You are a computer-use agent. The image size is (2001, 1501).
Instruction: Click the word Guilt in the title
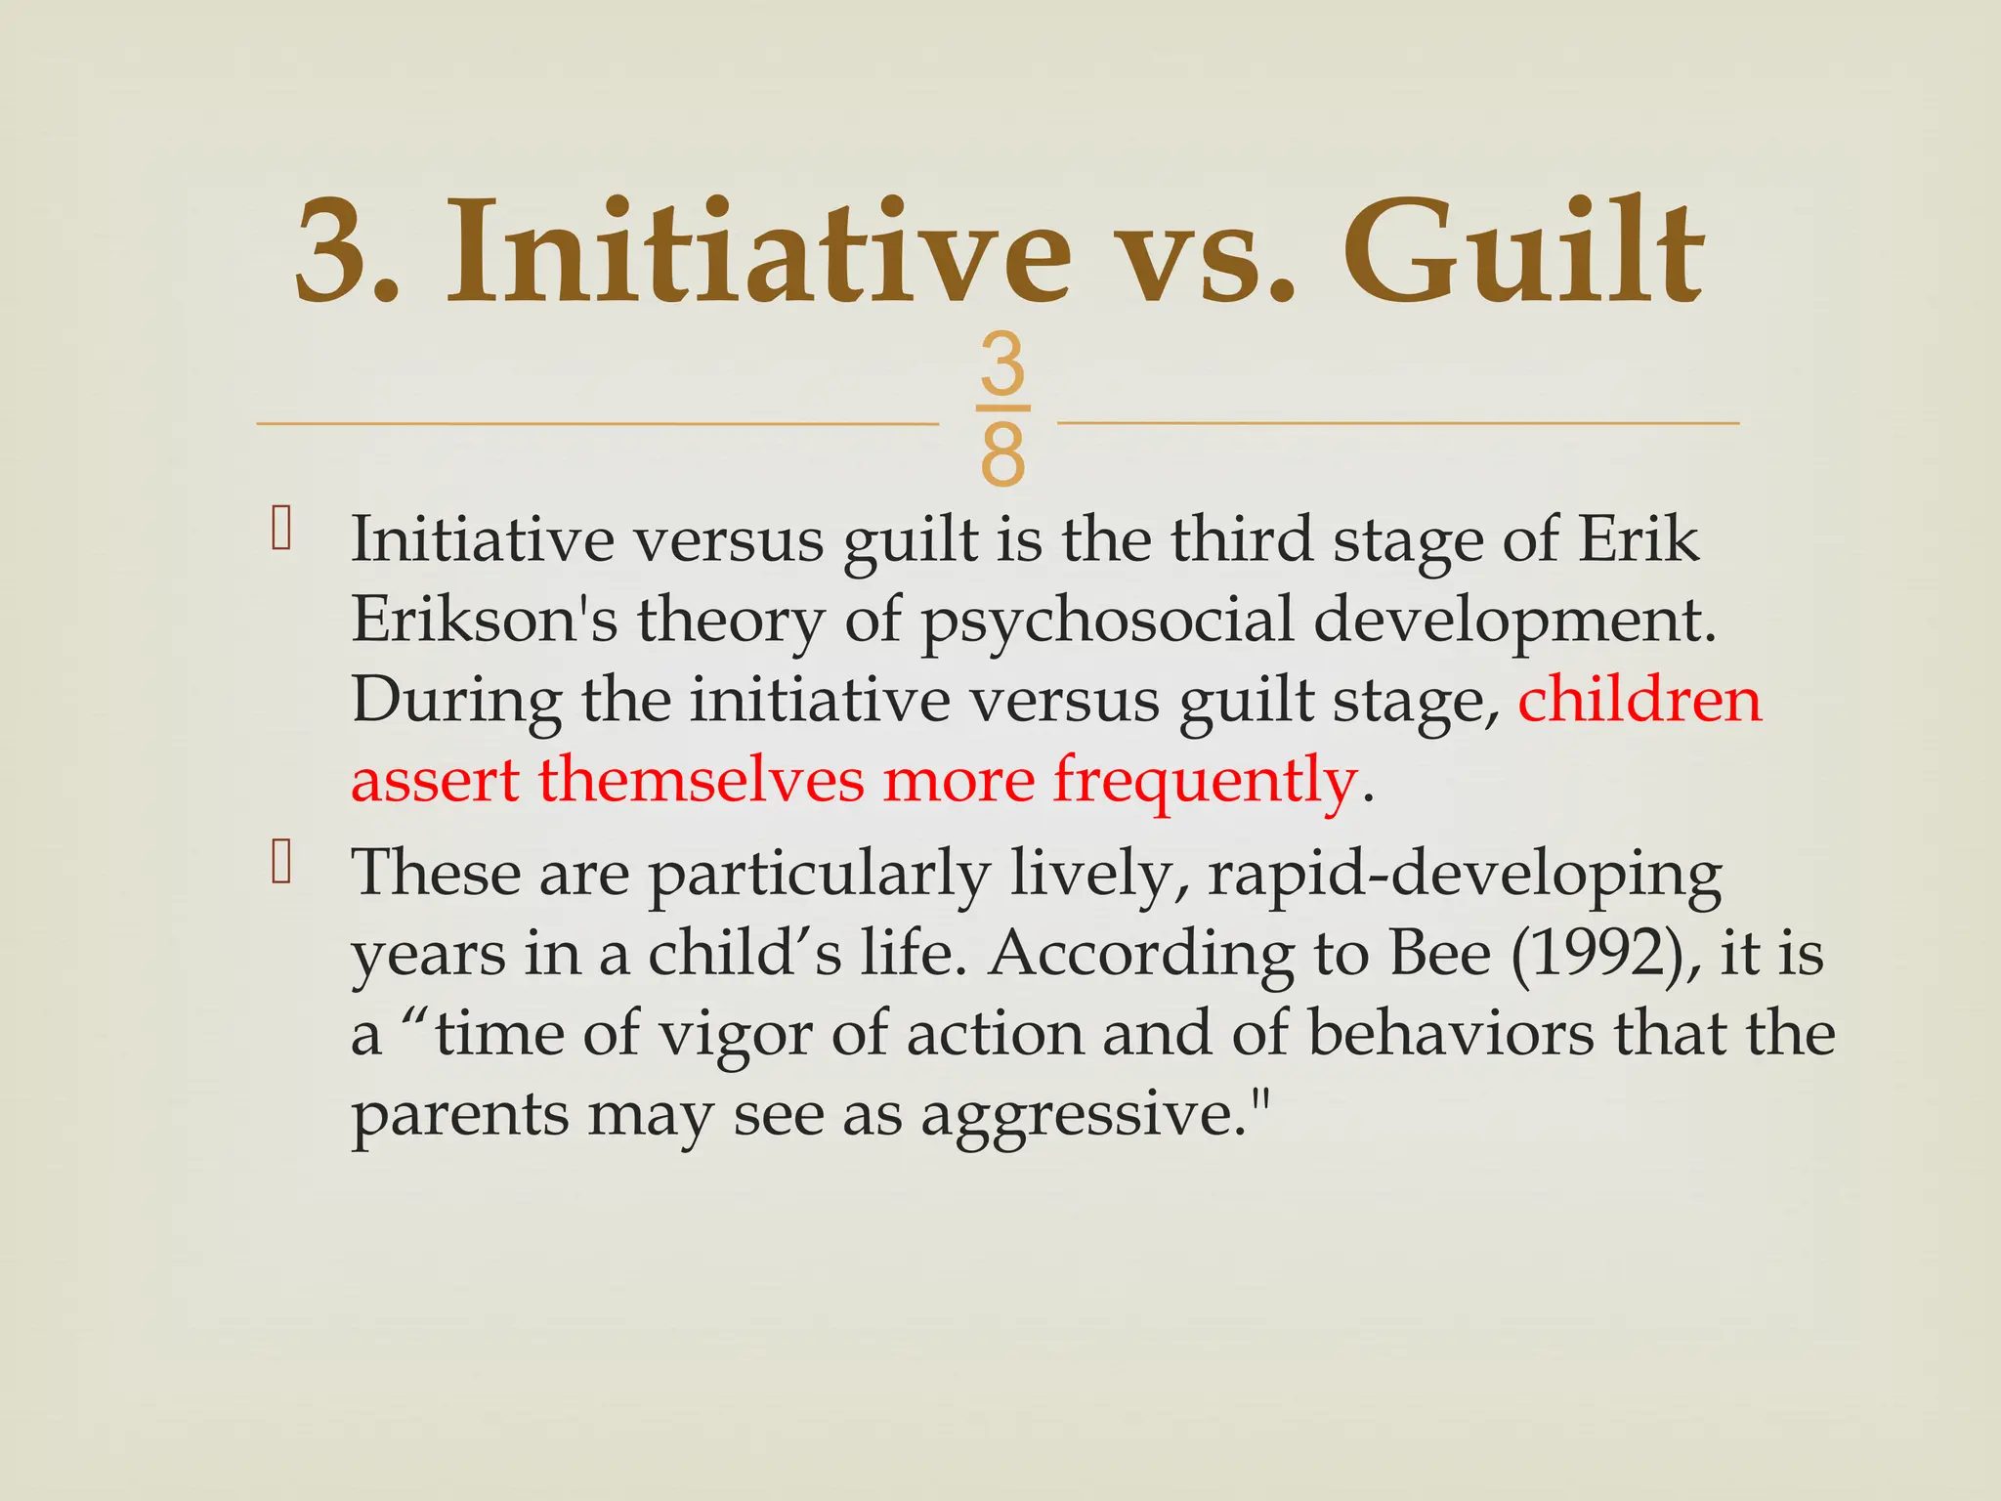(x=1524, y=252)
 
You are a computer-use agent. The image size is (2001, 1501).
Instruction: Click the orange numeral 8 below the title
(x=1002, y=455)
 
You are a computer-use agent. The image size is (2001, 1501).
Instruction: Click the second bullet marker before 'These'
(x=281, y=862)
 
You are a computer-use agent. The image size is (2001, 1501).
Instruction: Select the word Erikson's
(x=484, y=620)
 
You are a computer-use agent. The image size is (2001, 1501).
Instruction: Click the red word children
(x=1639, y=700)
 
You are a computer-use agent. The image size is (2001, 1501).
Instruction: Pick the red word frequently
(x=1205, y=783)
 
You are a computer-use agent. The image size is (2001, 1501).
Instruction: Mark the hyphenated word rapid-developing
(x=1465, y=876)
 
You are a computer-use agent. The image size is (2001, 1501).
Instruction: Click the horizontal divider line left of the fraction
(x=597, y=424)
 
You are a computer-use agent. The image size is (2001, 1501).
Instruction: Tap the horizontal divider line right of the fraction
(x=1398, y=423)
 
